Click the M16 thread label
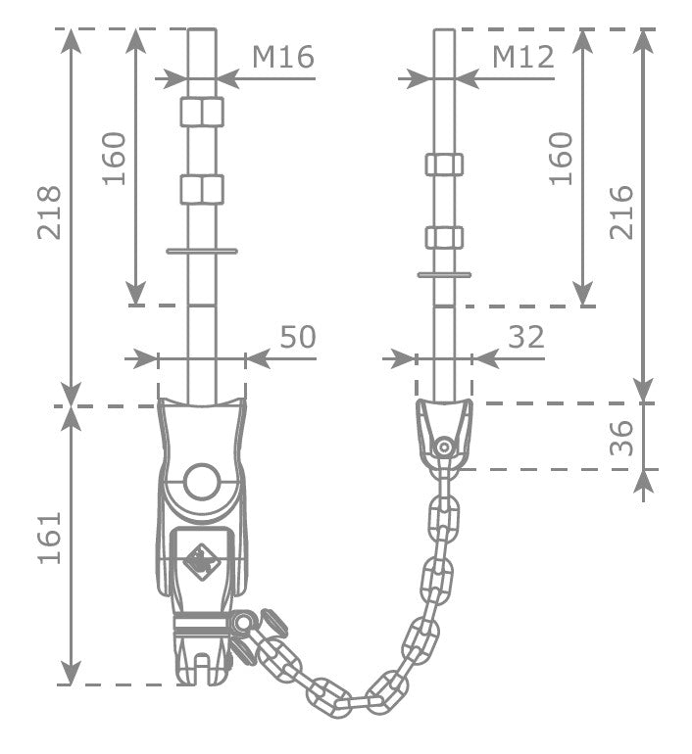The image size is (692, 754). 283,57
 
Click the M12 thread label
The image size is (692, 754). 523,57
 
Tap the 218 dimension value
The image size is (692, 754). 50,212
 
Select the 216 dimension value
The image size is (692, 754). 621,212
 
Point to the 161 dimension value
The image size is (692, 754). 50,539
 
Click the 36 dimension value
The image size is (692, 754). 621,438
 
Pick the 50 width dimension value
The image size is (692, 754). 298,337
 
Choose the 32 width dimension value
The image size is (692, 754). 526,337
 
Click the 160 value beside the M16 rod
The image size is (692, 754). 114,159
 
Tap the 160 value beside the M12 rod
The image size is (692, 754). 561,159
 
